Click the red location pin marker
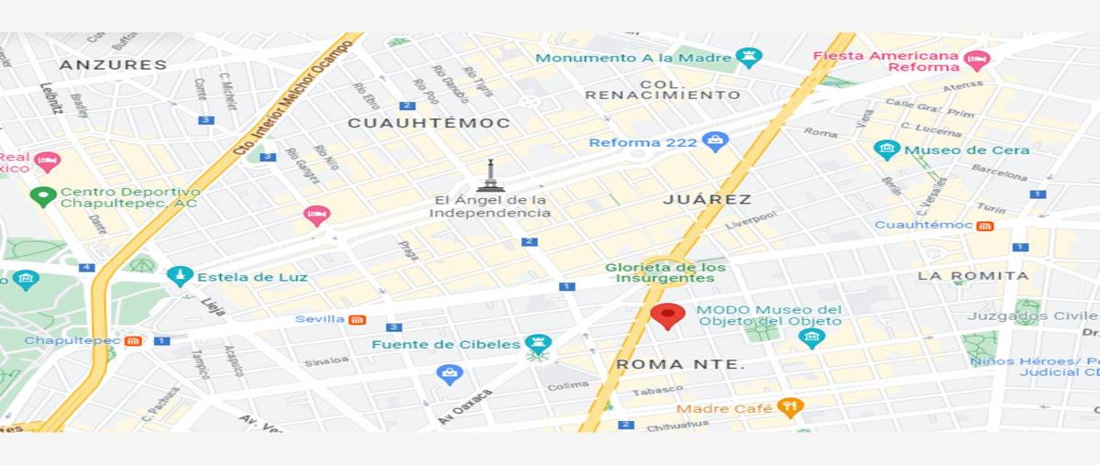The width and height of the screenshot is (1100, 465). [668, 315]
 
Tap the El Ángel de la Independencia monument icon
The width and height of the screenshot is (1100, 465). [490, 176]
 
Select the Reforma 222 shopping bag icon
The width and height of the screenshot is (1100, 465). [715, 142]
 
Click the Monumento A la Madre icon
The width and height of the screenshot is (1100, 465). [750, 58]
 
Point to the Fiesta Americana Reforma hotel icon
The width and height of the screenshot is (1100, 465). [977, 61]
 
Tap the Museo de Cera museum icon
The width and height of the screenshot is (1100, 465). [885, 149]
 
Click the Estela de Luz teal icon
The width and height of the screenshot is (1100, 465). [180, 276]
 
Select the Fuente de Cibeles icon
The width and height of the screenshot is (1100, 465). [538, 345]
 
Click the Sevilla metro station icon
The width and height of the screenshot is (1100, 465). [357, 319]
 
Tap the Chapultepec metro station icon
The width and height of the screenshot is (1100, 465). [134, 341]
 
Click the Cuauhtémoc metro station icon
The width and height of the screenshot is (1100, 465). [984, 226]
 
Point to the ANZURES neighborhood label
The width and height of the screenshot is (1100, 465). [114, 65]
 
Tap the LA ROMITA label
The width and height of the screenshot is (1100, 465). [973, 275]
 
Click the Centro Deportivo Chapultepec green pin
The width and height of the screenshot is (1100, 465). [43, 195]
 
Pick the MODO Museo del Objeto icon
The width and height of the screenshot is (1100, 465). [811, 338]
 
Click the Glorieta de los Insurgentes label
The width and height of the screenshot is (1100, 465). [665, 272]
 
